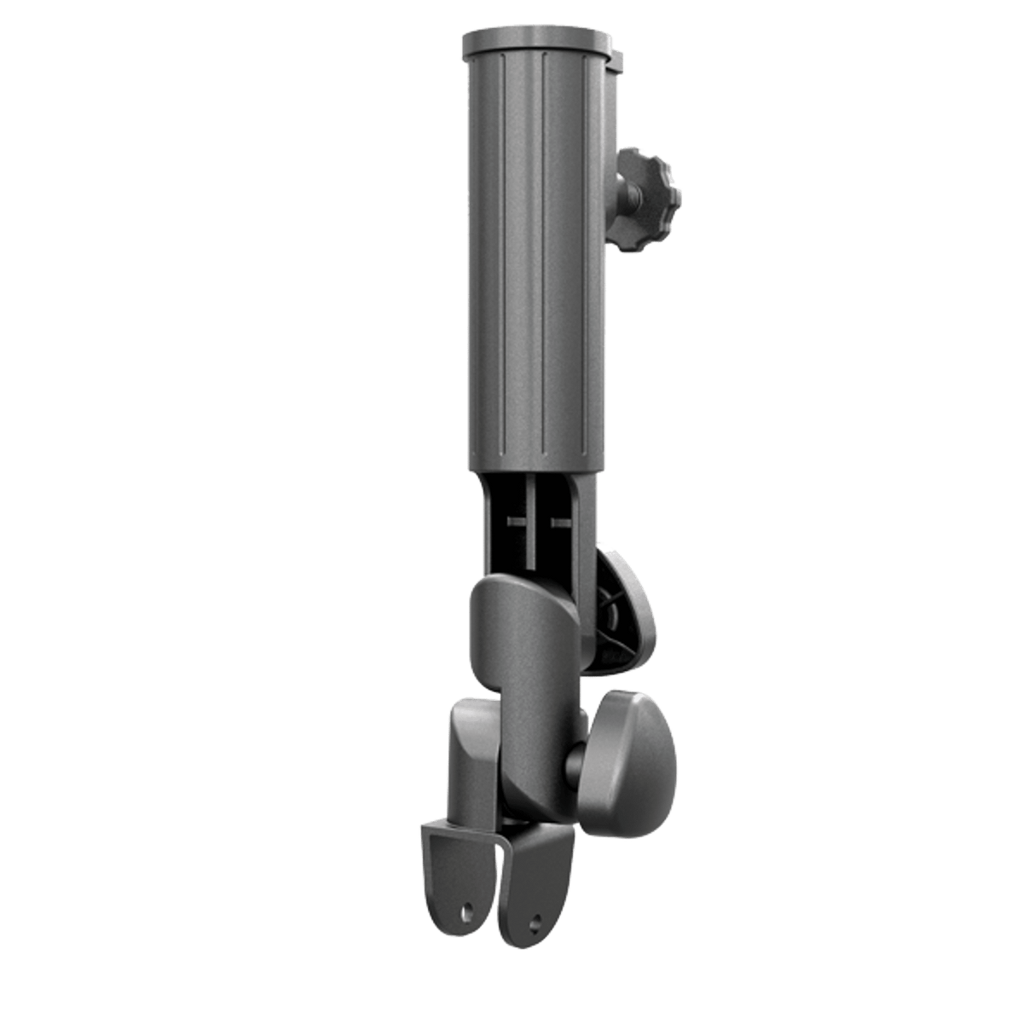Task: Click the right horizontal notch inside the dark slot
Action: [559, 519]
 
